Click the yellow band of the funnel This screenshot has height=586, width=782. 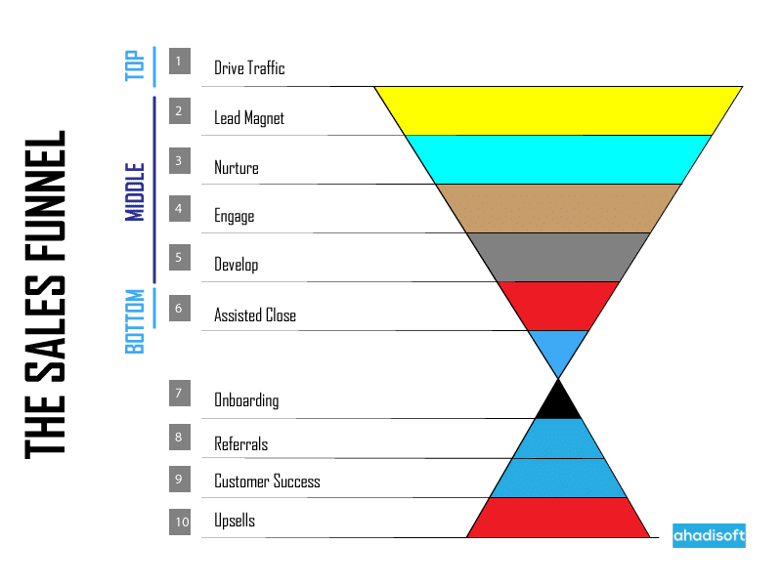pyautogui.click(x=558, y=110)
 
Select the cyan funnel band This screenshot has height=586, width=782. pyautogui.click(x=558, y=159)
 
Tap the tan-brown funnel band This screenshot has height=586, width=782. pyautogui.click(x=558, y=208)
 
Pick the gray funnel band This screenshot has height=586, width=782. pyautogui.click(x=558, y=257)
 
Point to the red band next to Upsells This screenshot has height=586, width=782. pyautogui.click(x=558, y=518)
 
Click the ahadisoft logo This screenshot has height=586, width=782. pyautogui.click(x=709, y=535)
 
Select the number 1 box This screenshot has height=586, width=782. pyautogui.click(x=179, y=62)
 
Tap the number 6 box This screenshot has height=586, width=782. pyautogui.click(x=179, y=308)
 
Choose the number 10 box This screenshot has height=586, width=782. pyautogui.click(x=181, y=523)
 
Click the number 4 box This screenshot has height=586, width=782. pyautogui.click(x=179, y=208)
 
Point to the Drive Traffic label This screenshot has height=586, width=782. pyautogui.click(x=249, y=68)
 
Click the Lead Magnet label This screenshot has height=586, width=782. pyautogui.click(x=249, y=118)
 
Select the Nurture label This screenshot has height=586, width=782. pyautogui.click(x=237, y=168)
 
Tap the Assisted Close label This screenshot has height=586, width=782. pyautogui.click(x=255, y=314)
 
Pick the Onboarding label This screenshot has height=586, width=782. pyautogui.click(x=246, y=400)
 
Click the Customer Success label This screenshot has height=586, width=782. pyautogui.click(x=267, y=481)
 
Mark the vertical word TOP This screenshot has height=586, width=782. pyautogui.click(x=136, y=65)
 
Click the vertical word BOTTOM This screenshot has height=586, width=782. pyautogui.click(x=136, y=320)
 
